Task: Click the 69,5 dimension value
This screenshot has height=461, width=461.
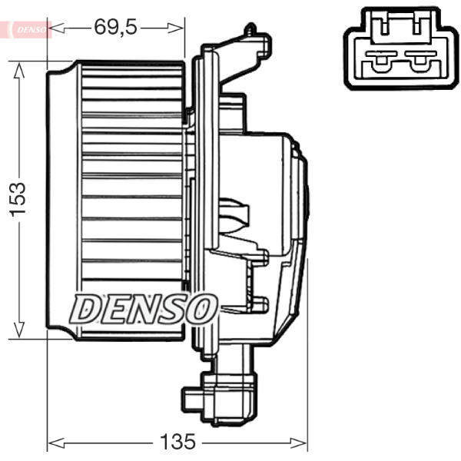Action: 115,27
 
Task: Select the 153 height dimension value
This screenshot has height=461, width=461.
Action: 18,200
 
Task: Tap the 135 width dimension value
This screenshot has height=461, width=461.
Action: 177,441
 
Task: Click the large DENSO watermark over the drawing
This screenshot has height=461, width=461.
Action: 144,309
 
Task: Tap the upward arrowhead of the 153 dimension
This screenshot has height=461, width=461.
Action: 18,71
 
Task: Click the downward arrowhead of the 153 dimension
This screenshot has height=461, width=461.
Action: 18,329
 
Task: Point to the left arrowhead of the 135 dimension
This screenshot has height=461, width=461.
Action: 56,443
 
